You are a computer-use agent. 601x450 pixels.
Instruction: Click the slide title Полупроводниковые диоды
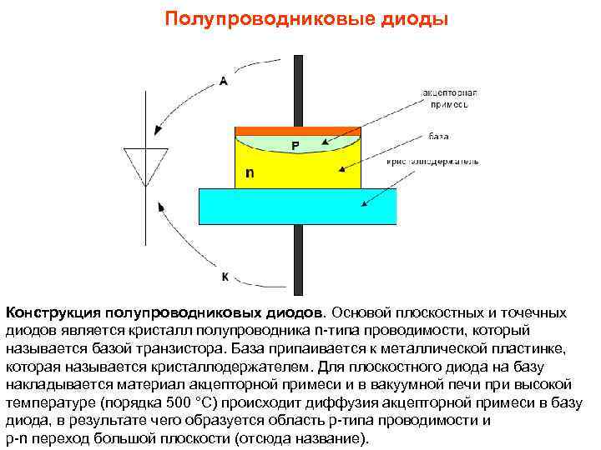pos(306,17)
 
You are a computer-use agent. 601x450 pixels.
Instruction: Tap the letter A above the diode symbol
pos(224,81)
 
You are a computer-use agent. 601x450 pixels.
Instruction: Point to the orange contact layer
pos(297,131)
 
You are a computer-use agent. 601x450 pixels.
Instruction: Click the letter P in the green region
pos(295,146)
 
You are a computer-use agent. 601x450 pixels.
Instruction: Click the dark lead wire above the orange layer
pos(297,87)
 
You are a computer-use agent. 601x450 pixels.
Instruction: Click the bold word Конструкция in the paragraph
pos(53,313)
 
